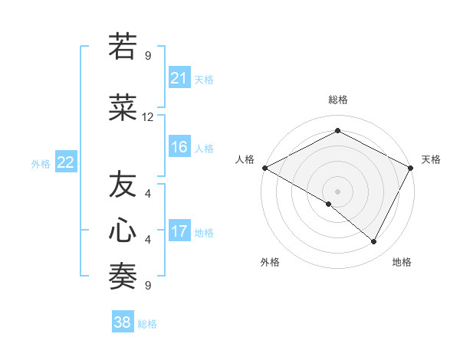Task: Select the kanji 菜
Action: pos(123,109)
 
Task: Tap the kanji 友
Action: pos(123,186)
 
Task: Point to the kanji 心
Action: pos(123,231)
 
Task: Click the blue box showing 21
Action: pos(179,78)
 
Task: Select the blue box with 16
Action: pos(179,148)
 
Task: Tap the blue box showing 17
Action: pos(179,231)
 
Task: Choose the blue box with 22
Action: pos(65,162)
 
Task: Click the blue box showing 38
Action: pos(123,322)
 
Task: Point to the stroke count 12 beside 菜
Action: pos(148,117)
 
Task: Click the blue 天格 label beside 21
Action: pos(204,79)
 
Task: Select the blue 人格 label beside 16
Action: pos(204,149)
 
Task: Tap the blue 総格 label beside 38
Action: pos(147,323)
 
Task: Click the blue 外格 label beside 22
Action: pos(40,163)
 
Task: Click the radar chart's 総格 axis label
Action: pos(337,100)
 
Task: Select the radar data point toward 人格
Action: pos(264,168)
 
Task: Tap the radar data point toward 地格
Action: pos(373,241)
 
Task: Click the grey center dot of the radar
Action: pos(337,191)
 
